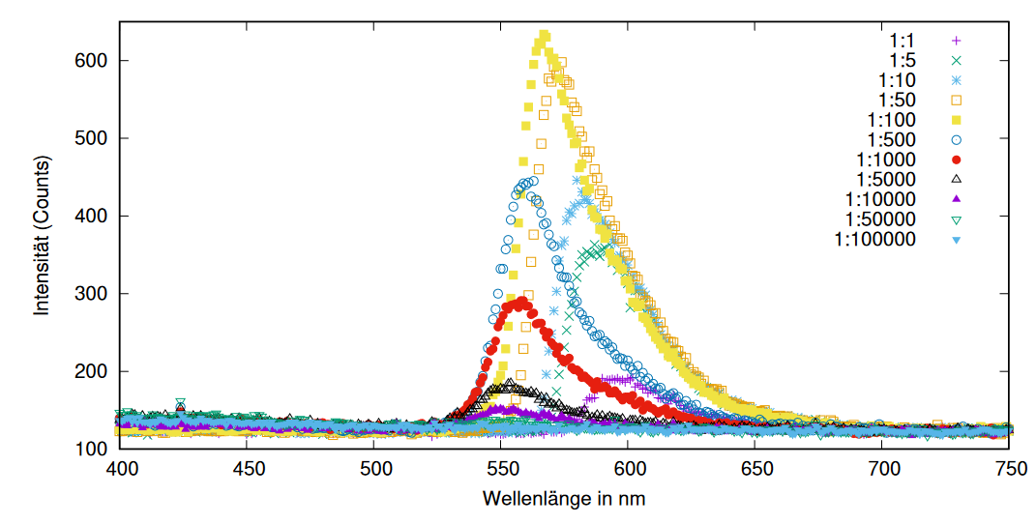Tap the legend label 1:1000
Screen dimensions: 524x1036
[886, 159]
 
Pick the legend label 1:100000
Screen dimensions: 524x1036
[875, 238]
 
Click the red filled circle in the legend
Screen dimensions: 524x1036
[956, 159]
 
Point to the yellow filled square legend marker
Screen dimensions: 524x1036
[956, 120]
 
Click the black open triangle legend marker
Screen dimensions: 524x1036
[956, 179]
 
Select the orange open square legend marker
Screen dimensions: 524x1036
[956, 100]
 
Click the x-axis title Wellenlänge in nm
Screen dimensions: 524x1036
[564, 499]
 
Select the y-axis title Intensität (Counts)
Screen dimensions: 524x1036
[43, 235]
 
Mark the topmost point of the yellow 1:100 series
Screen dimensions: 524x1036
[544, 36]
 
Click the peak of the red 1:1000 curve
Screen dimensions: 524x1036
[523, 303]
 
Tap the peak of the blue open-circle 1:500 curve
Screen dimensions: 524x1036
[528, 182]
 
